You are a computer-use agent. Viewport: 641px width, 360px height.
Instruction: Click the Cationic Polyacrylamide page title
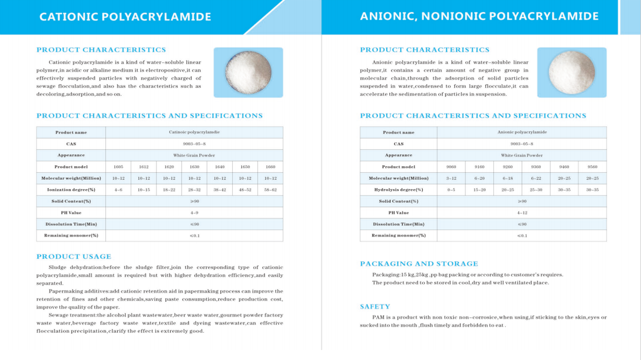click(125, 17)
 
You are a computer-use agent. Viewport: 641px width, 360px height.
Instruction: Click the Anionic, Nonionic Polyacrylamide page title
click(479, 17)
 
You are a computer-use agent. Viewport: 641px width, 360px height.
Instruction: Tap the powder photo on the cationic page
click(248, 73)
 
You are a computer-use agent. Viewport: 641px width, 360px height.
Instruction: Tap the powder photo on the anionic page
click(571, 73)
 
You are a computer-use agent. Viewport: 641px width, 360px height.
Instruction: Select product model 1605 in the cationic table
click(119, 167)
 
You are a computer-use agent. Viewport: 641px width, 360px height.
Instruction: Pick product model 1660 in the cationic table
click(270, 167)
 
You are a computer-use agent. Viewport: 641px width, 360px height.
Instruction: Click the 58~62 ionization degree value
click(270, 190)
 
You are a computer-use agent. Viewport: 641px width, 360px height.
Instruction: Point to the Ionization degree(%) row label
click(71, 190)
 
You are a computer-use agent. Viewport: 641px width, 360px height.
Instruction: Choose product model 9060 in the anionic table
click(451, 167)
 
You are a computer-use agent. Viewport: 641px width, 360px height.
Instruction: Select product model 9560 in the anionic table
click(592, 167)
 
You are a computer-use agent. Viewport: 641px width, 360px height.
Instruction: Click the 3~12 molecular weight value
click(451, 178)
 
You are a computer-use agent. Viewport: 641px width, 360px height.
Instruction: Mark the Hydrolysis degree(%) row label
click(398, 190)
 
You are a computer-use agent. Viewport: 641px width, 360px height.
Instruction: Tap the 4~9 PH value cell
click(194, 213)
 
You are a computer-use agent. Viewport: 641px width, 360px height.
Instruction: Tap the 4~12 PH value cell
click(522, 213)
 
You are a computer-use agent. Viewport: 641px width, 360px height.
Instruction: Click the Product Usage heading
click(74, 256)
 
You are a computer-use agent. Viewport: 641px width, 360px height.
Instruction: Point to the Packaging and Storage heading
click(419, 264)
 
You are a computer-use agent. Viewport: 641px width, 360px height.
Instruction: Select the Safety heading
click(375, 306)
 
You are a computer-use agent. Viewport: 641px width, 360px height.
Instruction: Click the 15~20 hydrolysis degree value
click(479, 190)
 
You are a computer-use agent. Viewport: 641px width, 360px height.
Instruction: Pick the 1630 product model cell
click(194, 167)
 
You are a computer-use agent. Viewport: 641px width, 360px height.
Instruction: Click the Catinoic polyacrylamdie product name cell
click(194, 132)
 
